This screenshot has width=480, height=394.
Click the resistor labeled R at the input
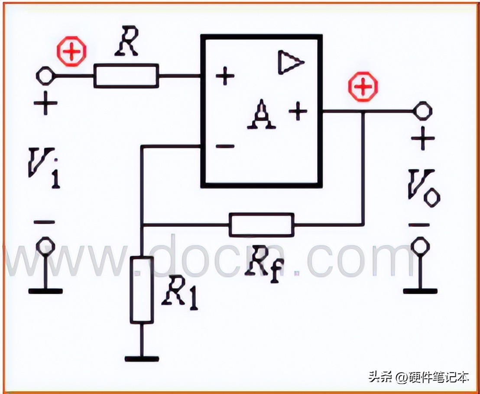[x=126, y=76]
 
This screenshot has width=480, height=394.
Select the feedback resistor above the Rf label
[x=262, y=225]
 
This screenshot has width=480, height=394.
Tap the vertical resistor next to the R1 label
[x=142, y=290]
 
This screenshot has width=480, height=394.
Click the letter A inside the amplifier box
[x=261, y=114]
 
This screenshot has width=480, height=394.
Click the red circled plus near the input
[x=72, y=52]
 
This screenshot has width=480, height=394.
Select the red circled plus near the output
[x=363, y=86]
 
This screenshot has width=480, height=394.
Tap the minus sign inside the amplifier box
[x=225, y=147]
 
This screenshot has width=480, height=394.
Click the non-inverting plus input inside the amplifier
[x=225, y=76]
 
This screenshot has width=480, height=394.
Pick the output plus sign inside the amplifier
[x=298, y=111]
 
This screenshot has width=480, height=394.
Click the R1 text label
[x=179, y=295]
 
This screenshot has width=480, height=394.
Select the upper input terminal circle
[x=45, y=76]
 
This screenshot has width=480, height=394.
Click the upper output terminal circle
[x=423, y=110]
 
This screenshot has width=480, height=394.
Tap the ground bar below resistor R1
[x=142, y=359]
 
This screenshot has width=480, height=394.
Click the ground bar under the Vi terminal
[x=45, y=291]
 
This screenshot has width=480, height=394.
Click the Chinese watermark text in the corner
[x=419, y=377]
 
